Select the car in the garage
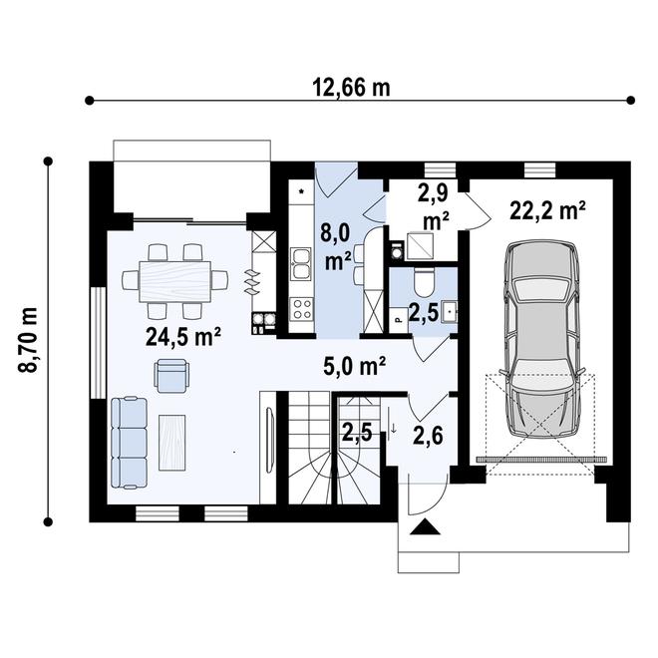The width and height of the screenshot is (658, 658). pos(542,339)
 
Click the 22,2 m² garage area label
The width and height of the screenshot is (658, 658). pos(546,210)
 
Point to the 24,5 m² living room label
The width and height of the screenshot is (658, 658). pos(182,336)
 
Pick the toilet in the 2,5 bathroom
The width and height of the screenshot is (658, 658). pos(421,282)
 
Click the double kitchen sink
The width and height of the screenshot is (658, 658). pos(300,264)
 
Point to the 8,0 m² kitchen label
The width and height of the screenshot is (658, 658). pos(335,247)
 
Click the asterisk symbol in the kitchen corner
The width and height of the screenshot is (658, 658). pos(300,186)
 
